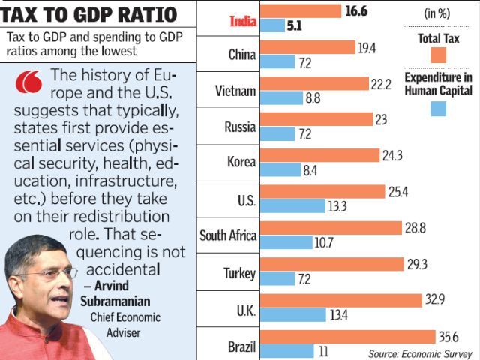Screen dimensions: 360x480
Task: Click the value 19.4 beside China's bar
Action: click(x=368, y=47)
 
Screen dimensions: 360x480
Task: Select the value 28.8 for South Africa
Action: click(x=415, y=227)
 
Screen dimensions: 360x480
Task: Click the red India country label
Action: click(x=242, y=22)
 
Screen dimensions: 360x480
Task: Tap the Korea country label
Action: click(x=241, y=161)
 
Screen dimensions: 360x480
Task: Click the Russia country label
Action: click(x=241, y=127)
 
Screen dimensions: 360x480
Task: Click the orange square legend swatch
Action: click(x=439, y=55)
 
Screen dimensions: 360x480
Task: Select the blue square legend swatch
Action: click(x=439, y=108)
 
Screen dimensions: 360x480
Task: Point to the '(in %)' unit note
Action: click(x=439, y=13)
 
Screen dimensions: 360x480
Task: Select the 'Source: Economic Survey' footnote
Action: click(x=419, y=352)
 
